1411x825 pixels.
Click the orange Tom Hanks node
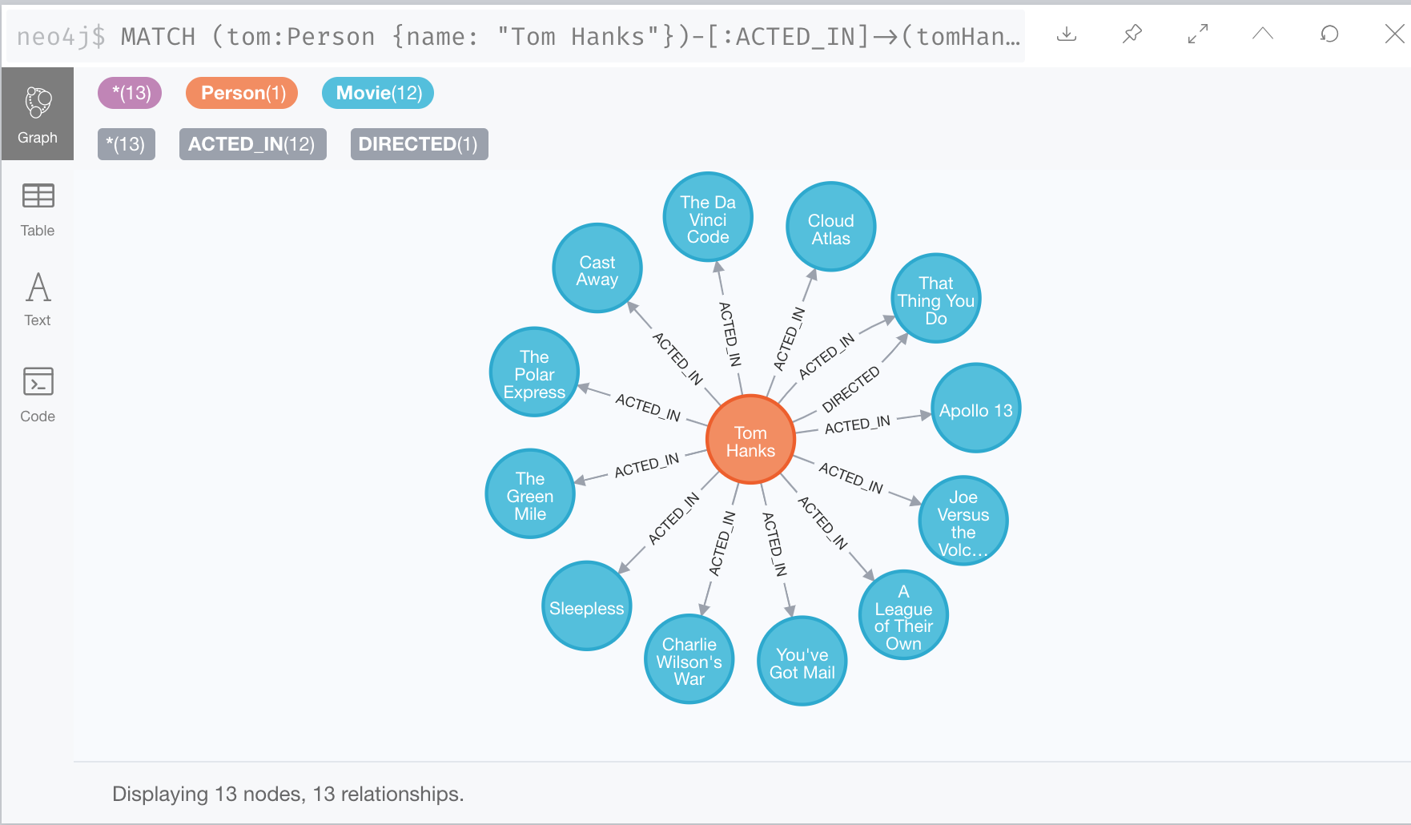(x=750, y=440)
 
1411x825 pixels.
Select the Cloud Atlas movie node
(x=830, y=227)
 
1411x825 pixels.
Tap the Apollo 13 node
(x=975, y=408)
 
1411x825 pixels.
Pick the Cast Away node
(x=597, y=268)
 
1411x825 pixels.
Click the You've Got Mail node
(x=802, y=661)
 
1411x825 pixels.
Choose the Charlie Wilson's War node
(x=689, y=659)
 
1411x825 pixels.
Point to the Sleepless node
(x=587, y=606)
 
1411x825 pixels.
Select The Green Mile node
(x=530, y=494)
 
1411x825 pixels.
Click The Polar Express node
(x=534, y=372)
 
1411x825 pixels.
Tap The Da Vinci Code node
(x=708, y=217)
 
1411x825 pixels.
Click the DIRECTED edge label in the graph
(x=850, y=388)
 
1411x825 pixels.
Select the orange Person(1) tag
(x=242, y=93)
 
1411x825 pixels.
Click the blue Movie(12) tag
(x=378, y=93)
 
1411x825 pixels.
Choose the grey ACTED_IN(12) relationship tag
(x=252, y=144)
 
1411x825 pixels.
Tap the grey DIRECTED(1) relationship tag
(x=419, y=144)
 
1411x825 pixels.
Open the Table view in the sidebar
(x=38, y=207)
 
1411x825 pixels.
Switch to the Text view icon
(x=38, y=299)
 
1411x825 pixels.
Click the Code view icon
(x=38, y=393)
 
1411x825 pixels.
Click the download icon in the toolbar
(x=1067, y=34)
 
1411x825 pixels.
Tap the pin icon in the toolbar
(x=1132, y=34)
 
